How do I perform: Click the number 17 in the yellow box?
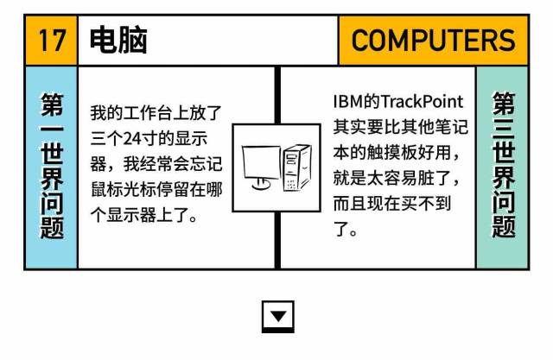(x=52, y=41)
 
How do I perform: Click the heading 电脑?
(x=118, y=41)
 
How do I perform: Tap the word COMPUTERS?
(x=433, y=41)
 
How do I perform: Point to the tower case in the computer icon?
(x=297, y=167)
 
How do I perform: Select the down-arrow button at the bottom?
(x=277, y=316)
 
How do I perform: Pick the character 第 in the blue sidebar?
(x=52, y=105)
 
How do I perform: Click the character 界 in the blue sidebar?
(x=52, y=174)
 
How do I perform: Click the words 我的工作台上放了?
(x=156, y=113)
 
